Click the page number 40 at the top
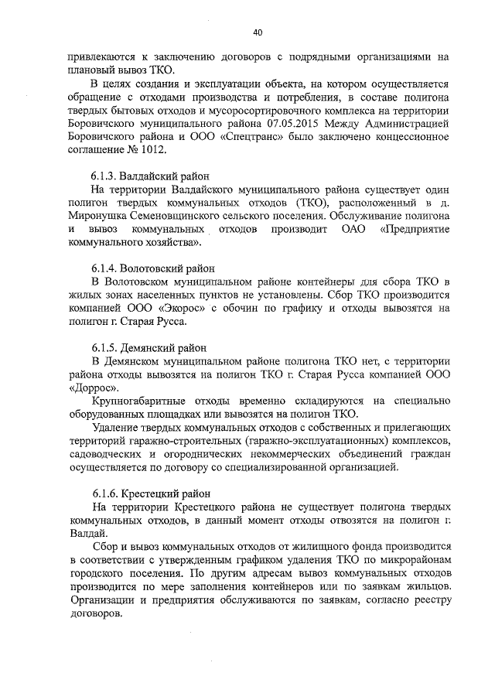pyautogui.click(x=258, y=32)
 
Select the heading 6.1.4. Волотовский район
pyautogui.click(x=152, y=268)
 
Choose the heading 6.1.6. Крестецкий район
pyautogui.click(x=150, y=493)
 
